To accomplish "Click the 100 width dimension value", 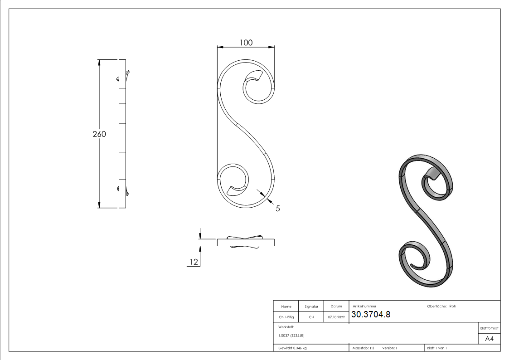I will point(246,43).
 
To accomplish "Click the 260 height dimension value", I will point(99,134).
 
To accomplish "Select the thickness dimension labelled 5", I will point(277,209).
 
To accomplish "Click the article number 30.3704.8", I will point(371,315).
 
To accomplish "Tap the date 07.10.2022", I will point(336,317).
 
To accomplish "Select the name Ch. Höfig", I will point(286,317).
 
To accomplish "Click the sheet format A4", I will point(489,339).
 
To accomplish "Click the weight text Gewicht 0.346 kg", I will point(292,348).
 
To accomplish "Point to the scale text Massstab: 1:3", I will point(363,348).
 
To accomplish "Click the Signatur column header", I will point(311,306).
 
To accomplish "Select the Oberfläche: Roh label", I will point(441,306).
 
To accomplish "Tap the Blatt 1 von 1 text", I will point(437,348).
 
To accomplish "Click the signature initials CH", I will point(311,317).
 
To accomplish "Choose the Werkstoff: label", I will point(286,327).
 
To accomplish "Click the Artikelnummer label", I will point(364,306).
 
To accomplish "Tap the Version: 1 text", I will point(389,348).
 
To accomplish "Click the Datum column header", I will point(336,306).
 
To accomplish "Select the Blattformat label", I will point(489,328).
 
